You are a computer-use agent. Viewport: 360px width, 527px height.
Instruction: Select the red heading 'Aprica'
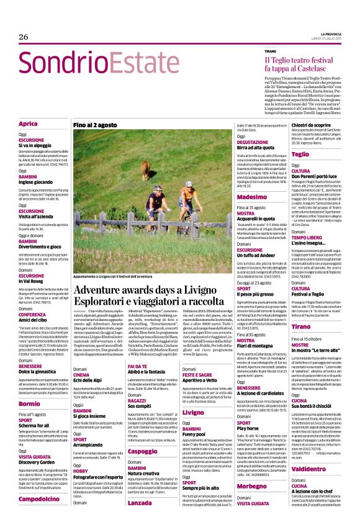pyautogui.click(x=28, y=124)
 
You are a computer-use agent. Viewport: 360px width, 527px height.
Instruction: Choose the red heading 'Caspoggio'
pyautogui.click(x=143, y=451)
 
